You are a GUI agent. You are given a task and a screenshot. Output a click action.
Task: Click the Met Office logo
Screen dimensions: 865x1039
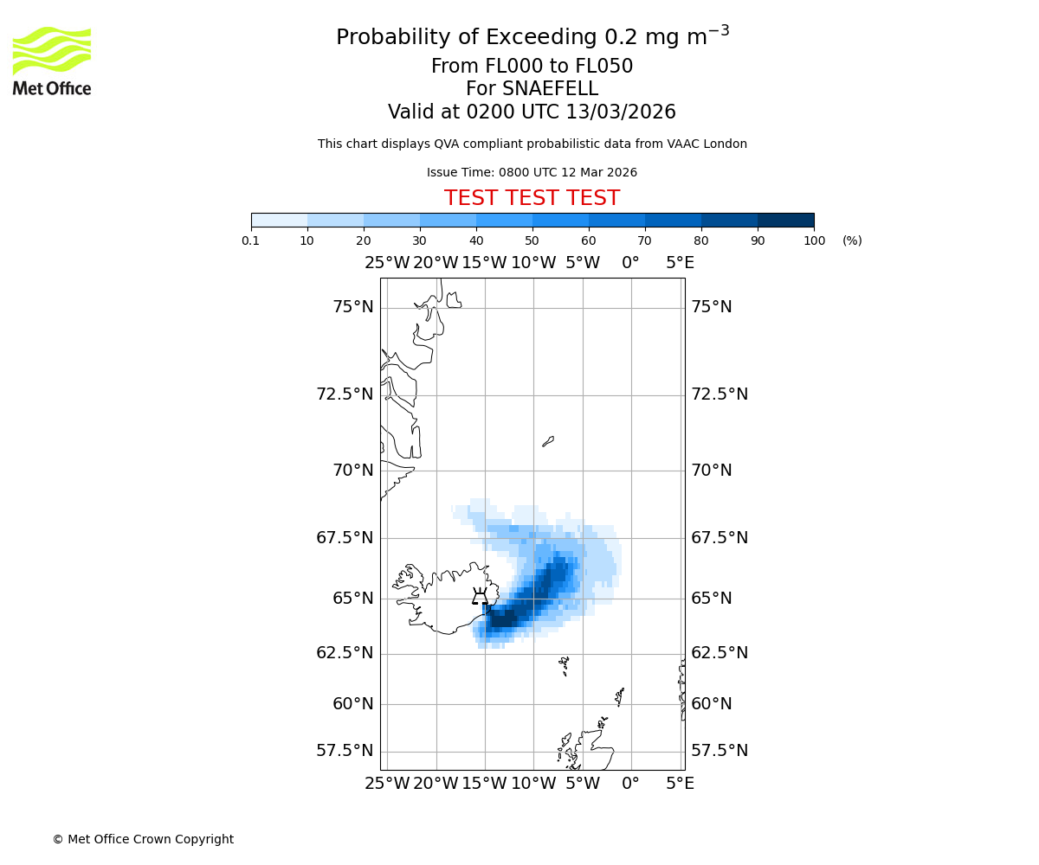52,61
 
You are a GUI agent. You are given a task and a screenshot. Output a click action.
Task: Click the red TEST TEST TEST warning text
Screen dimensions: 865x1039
532,199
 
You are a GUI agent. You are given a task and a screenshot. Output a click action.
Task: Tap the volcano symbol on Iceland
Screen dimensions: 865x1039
480,596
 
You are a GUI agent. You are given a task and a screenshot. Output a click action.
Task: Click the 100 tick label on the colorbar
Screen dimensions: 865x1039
814,240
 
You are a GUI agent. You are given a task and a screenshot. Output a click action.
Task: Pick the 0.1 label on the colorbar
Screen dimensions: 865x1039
251,240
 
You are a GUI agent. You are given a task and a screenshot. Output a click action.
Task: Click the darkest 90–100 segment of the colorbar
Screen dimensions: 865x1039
785,220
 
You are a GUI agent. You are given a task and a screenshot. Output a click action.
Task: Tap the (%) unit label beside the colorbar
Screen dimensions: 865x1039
852,240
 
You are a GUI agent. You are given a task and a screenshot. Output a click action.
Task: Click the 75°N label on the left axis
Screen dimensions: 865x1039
353,307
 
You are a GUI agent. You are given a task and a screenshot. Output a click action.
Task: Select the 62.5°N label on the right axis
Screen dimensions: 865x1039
720,653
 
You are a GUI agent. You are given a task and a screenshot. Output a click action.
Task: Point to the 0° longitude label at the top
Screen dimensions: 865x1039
630,263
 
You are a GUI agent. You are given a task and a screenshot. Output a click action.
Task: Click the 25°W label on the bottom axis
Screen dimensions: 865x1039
387,784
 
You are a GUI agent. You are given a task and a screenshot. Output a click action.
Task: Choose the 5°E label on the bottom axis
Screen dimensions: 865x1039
680,784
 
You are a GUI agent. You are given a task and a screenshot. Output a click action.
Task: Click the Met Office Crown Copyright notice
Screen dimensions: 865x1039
143,839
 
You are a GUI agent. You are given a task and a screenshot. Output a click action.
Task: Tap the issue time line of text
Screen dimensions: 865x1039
532,173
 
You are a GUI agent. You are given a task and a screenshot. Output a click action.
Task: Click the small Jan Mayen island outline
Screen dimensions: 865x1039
547,441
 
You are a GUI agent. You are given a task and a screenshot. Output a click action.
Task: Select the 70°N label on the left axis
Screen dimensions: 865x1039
353,471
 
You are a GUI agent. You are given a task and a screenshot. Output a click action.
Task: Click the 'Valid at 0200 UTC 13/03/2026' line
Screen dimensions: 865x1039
532,112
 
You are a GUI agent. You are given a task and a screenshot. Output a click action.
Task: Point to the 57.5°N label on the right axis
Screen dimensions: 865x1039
720,751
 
